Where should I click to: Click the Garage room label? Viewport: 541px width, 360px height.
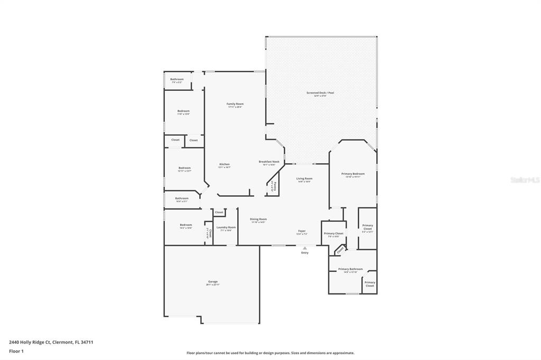pyautogui.click(x=212, y=282)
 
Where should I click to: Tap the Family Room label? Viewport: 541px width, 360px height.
pyautogui.click(x=235, y=104)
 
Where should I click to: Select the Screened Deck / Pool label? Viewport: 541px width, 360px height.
pyautogui.click(x=320, y=93)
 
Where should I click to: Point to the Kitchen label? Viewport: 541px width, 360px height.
pyautogui.click(x=225, y=165)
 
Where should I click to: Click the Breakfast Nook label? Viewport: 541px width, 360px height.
pyautogui.click(x=269, y=162)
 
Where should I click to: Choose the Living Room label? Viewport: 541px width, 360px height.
pyautogui.click(x=304, y=179)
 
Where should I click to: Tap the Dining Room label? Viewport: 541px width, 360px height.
pyautogui.click(x=258, y=219)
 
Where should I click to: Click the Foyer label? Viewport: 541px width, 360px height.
pyautogui.click(x=302, y=231)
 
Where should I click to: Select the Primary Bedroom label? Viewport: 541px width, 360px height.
pyautogui.click(x=352, y=174)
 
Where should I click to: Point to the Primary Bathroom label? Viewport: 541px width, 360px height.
pyautogui.click(x=350, y=269)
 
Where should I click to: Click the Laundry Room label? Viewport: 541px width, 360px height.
pyautogui.click(x=226, y=228)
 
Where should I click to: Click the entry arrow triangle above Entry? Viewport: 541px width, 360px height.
pyautogui.click(x=304, y=248)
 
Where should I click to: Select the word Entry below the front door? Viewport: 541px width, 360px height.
pyautogui.click(x=305, y=253)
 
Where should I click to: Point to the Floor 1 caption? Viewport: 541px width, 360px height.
pyautogui.click(x=16, y=351)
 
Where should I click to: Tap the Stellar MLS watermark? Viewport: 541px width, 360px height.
pyautogui.click(x=525, y=180)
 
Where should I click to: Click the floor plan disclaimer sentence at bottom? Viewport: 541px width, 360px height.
pyautogui.click(x=270, y=353)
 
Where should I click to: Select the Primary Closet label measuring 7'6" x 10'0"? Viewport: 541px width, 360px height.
pyautogui.click(x=333, y=233)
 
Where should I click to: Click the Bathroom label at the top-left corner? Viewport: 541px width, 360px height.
pyautogui.click(x=176, y=79)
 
